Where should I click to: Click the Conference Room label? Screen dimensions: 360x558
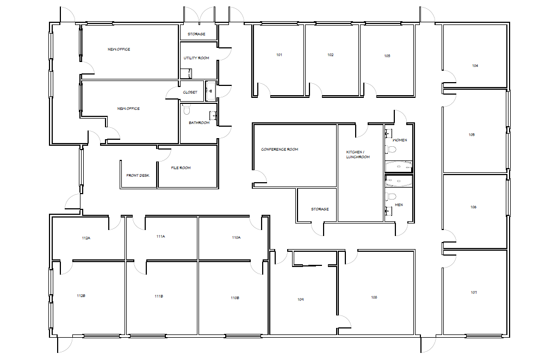click(280, 150)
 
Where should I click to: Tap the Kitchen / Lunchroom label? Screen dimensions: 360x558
click(358, 154)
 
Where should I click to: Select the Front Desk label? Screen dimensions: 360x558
click(138, 176)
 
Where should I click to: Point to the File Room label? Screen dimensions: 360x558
click(181, 168)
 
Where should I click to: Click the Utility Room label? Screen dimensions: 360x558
click(196, 58)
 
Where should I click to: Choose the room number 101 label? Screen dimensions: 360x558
click(280, 55)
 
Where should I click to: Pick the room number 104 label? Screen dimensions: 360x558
click(475, 65)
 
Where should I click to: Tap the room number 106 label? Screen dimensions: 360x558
click(474, 207)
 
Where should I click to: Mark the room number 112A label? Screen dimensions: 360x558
click(85, 238)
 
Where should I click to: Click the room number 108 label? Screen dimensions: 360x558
click(374, 297)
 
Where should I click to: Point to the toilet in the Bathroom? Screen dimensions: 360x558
click(187, 110)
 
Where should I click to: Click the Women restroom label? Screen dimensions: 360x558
click(400, 140)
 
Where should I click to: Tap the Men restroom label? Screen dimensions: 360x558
click(399, 205)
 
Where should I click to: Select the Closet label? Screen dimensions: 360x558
click(190, 92)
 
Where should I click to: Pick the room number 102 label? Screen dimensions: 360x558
click(330, 55)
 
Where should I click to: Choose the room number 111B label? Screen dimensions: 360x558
click(159, 296)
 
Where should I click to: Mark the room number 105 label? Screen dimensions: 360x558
click(472, 134)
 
